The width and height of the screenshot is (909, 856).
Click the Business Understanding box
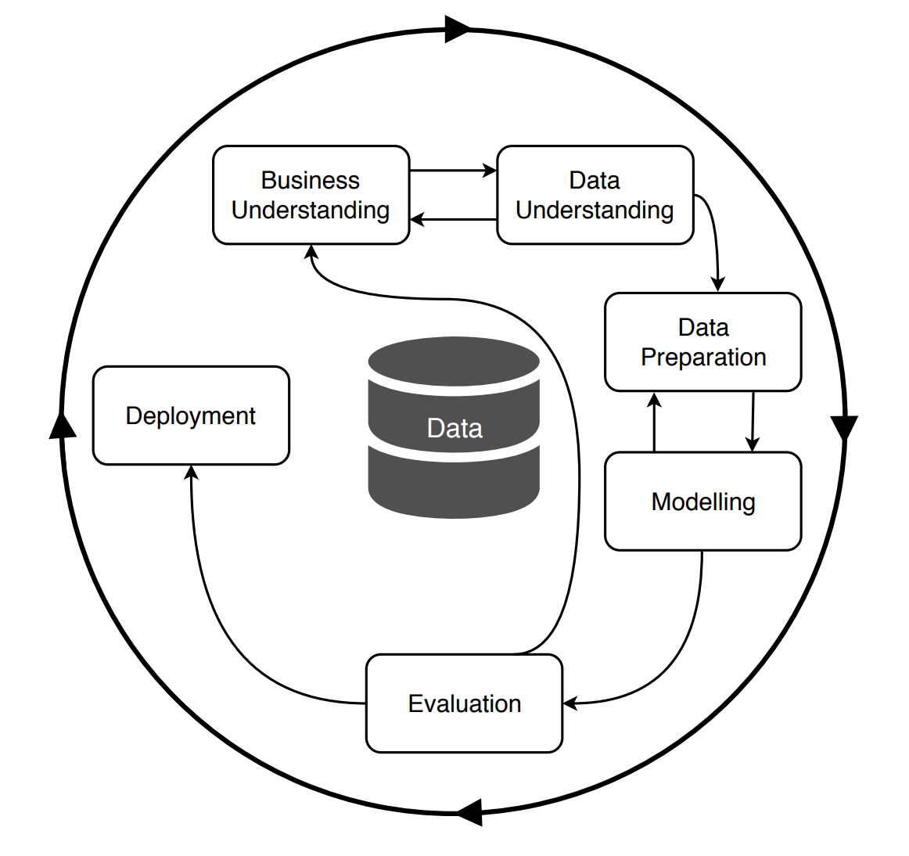[311, 195]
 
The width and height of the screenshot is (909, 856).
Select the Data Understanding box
[595, 195]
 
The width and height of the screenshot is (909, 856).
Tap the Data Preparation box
[702, 342]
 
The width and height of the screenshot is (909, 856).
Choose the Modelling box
[702, 501]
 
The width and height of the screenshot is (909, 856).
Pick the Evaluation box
[464, 703]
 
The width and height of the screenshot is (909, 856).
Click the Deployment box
[191, 415]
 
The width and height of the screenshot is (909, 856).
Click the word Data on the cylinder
[454, 428]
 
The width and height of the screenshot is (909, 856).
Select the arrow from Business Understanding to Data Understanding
[453, 171]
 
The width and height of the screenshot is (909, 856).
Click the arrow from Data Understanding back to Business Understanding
[453, 220]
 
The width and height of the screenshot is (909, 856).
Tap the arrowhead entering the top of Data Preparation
[717, 284]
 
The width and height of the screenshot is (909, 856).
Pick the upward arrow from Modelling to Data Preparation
[655, 423]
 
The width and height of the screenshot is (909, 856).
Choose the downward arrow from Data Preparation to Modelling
[753, 423]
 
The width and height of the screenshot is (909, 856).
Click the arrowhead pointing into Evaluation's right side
[570, 703]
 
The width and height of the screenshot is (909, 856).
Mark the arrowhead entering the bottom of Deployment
[192, 472]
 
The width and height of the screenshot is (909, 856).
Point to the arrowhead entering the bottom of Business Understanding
[311, 252]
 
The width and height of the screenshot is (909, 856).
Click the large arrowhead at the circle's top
[458, 29]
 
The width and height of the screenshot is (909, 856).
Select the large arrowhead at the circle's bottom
[469, 812]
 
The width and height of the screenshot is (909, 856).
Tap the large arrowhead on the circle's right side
[844, 427]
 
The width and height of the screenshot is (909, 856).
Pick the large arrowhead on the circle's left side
[63, 424]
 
